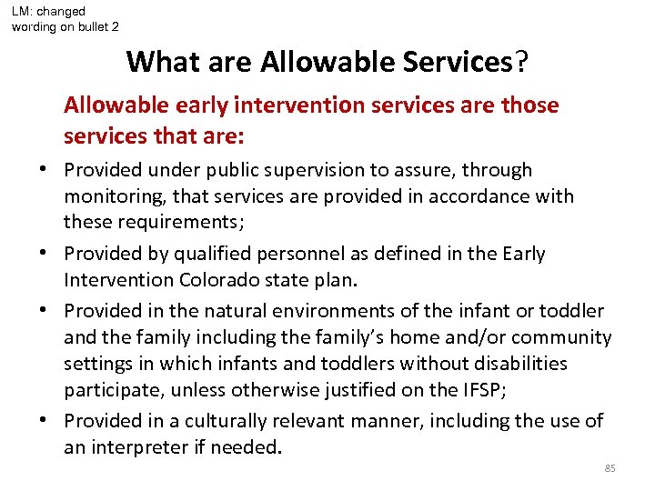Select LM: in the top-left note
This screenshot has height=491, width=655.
click(25, 12)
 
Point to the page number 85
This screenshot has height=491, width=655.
click(610, 468)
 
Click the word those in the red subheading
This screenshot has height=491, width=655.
click(529, 105)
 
